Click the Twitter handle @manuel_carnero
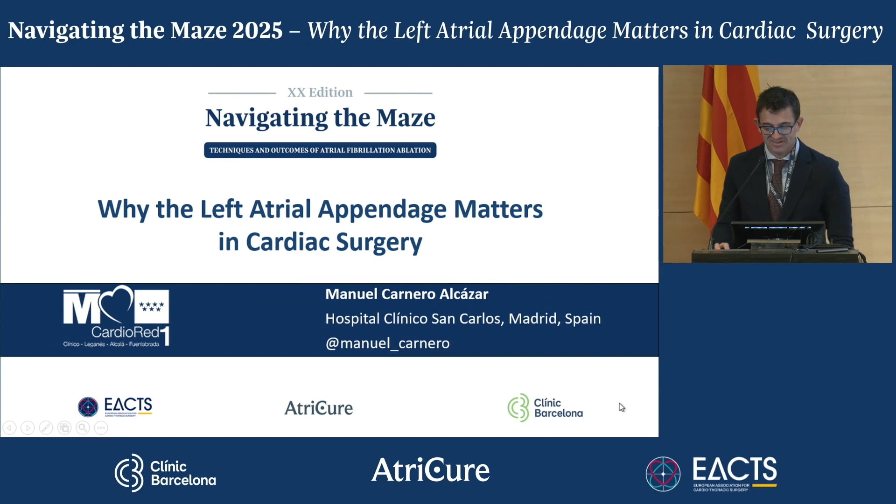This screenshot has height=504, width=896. (x=387, y=343)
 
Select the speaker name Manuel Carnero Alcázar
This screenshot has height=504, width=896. (x=406, y=294)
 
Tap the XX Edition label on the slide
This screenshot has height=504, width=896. (x=320, y=92)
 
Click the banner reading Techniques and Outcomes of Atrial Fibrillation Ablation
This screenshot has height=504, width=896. (x=320, y=150)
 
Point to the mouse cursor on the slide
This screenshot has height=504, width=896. (x=622, y=407)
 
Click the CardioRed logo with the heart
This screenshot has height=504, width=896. (x=116, y=317)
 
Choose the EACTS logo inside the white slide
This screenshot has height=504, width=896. (x=115, y=406)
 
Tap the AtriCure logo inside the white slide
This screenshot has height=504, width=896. (x=319, y=408)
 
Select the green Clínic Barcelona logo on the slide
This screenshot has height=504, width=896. (x=545, y=407)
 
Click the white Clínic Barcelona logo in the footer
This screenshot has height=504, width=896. (x=165, y=472)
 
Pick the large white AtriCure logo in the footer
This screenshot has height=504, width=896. (x=430, y=470)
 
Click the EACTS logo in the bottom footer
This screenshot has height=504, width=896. (x=711, y=473)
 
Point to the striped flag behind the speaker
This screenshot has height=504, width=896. (x=719, y=140)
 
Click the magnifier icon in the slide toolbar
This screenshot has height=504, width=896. (x=83, y=427)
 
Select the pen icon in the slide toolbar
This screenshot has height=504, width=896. (x=46, y=427)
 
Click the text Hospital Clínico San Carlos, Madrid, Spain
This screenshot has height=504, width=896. (x=463, y=319)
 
